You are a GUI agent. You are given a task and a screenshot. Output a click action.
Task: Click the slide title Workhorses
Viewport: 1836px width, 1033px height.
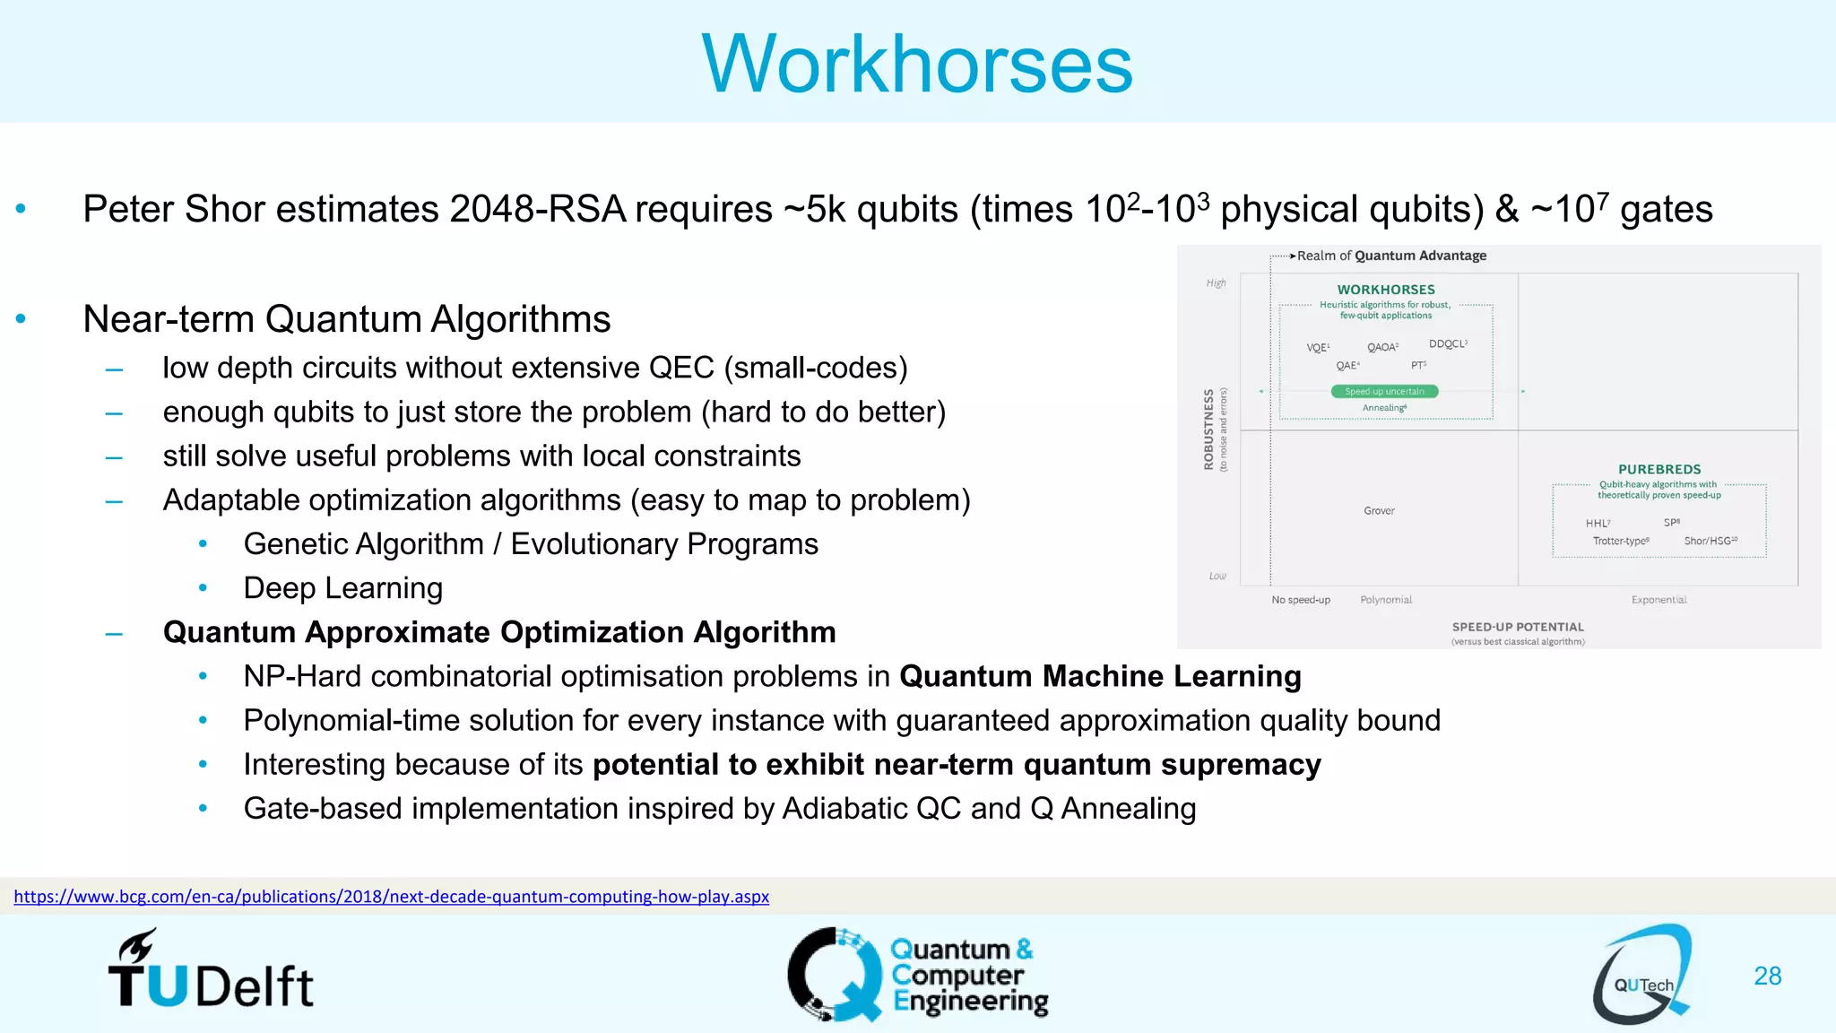point(917,64)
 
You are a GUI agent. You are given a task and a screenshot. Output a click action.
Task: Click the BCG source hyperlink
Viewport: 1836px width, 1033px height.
point(391,897)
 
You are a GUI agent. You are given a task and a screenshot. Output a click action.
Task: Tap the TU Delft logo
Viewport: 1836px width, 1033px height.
point(212,971)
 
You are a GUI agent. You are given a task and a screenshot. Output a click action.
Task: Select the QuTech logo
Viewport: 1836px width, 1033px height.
point(1642,976)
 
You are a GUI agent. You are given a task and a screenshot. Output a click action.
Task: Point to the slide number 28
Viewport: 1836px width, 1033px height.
point(1767,976)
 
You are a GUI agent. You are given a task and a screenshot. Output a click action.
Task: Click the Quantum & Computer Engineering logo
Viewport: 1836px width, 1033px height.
point(918,975)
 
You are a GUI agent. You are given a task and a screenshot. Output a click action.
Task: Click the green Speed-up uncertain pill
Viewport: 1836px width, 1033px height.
point(1384,391)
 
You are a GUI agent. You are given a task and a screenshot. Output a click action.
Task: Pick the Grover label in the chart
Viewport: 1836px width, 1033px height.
point(1379,511)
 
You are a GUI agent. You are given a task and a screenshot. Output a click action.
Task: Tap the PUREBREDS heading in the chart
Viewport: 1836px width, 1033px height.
point(1659,469)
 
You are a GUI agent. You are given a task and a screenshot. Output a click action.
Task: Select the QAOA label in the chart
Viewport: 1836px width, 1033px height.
point(1381,347)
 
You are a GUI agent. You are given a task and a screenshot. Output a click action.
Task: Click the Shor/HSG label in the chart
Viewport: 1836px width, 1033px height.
point(1710,541)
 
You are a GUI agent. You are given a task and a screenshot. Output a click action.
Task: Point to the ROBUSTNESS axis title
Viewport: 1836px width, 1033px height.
point(1209,430)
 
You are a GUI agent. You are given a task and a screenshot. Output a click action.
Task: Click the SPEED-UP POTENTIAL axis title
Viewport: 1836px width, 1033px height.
point(1518,627)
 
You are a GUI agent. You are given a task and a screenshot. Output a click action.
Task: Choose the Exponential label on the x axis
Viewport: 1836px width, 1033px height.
point(1658,600)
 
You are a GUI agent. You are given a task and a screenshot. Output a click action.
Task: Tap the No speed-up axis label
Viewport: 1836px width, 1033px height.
point(1301,600)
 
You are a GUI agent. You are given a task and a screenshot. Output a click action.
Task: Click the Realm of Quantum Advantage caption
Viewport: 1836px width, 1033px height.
point(1391,256)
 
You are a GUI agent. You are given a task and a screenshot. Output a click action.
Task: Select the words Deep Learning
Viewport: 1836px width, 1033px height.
point(343,588)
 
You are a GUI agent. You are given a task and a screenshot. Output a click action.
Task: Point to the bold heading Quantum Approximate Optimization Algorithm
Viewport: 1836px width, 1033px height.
point(499,632)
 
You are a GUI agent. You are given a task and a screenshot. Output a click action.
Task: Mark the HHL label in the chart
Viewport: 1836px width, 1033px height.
point(1597,524)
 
